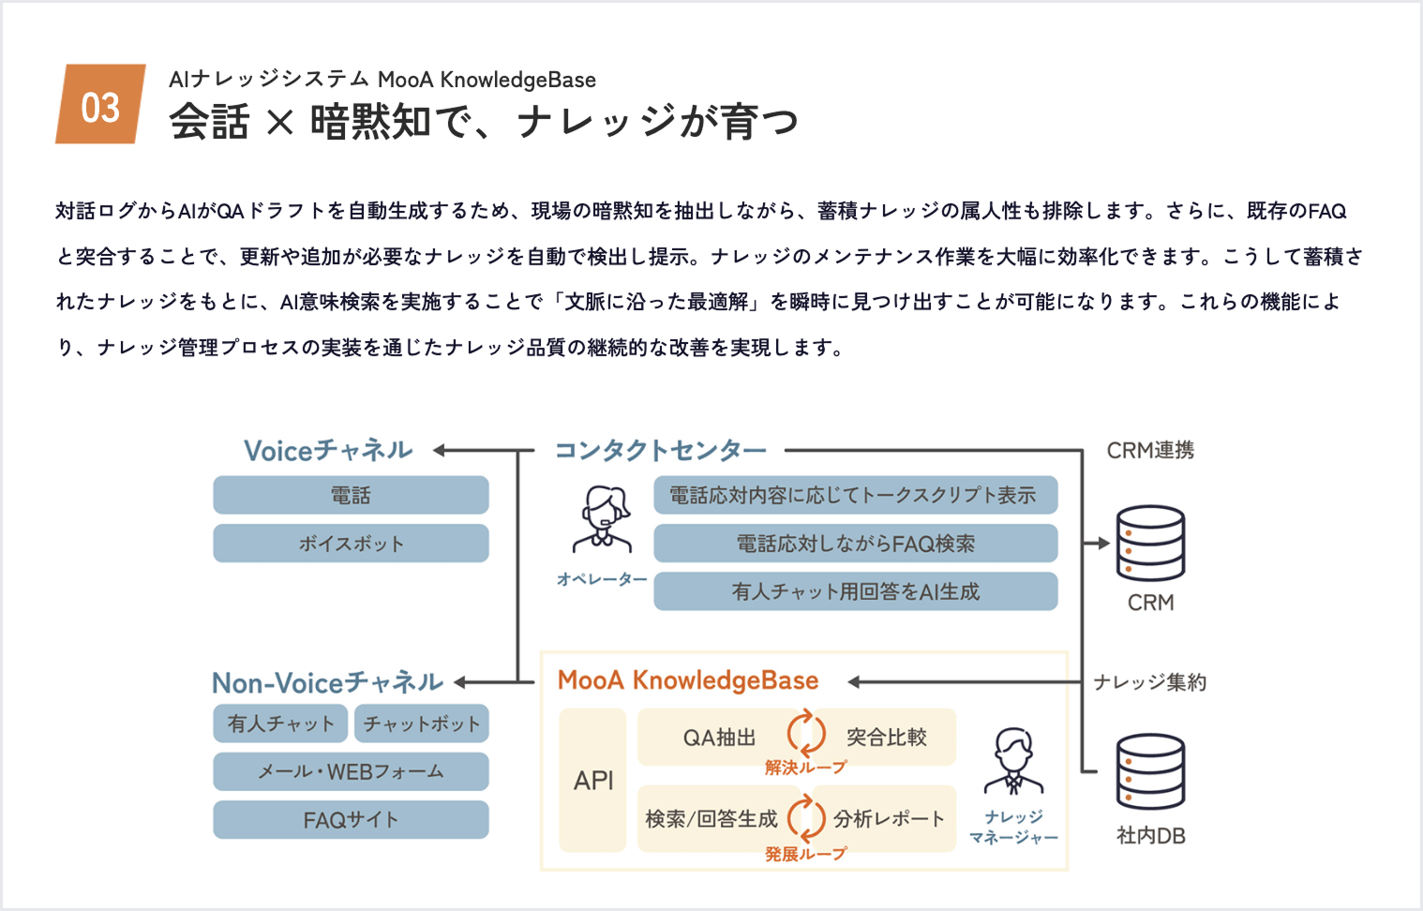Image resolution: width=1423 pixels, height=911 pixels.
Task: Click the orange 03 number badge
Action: pyautogui.click(x=100, y=104)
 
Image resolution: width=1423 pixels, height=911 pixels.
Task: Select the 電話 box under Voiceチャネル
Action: pyautogui.click(x=351, y=495)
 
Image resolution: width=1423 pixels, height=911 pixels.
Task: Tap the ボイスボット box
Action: pyautogui.click(x=351, y=544)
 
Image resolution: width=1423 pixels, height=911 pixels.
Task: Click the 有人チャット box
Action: pyautogui.click(x=280, y=724)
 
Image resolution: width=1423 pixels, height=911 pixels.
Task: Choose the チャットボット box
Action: pyautogui.click(x=421, y=724)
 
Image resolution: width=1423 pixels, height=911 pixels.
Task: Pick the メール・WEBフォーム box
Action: pyautogui.click(x=351, y=771)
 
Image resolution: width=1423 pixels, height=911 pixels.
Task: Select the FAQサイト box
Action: pyautogui.click(x=351, y=820)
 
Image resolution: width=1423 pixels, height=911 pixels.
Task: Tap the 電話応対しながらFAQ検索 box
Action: pyautogui.click(x=855, y=544)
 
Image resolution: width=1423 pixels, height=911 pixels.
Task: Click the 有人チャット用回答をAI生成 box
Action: pyautogui.click(x=855, y=591)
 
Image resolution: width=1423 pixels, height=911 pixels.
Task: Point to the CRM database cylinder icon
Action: pyautogui.click(x=1150, y=543)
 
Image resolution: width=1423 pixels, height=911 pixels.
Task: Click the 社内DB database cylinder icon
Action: pyautogui.click(x=1150, y=771)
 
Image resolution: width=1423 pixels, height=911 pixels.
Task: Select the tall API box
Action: pyautogui.click(x=592, y=780)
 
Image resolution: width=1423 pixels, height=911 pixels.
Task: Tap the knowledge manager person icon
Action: pyautogui.click(x=1013, y=760)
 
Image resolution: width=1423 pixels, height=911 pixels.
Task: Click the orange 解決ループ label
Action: pyautogui.click(x=805, y=768)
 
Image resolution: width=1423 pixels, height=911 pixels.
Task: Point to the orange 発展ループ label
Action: pyautogui.click(x=805, y=854)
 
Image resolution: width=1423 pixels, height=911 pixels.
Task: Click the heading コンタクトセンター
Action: pyautogui.click(x=661, y=451)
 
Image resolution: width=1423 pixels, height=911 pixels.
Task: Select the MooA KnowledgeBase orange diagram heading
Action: pyautogui.click(x=688, y=680)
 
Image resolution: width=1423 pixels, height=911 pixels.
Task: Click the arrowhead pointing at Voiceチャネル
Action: pyautogui.click(x=440, y=451)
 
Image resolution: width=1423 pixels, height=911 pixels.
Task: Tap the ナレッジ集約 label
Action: pyautogui.click(x=1150, y=682)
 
